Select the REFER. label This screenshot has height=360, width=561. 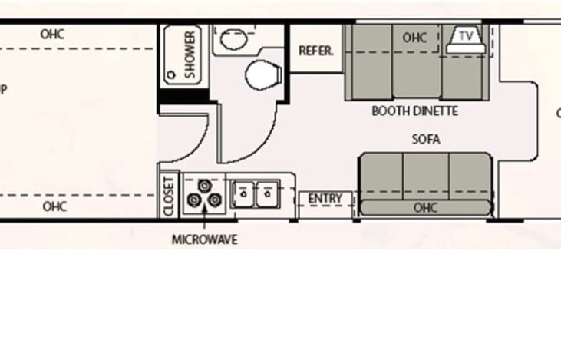pos(316,52)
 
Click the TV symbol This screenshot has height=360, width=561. pos(466,36)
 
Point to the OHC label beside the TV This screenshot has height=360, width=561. pos(414,37)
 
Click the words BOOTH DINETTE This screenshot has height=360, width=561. pos(414,111)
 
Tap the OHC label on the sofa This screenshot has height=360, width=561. pos(425,207)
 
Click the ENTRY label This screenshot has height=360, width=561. pos(325,199)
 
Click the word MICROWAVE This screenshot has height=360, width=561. pos(204,239)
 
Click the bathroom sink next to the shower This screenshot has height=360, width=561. pos(229,36)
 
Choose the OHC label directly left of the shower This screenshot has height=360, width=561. pos(52,34)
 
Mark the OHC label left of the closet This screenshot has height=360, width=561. pos(55,206)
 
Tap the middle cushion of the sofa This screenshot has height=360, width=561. pos(425,174)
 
